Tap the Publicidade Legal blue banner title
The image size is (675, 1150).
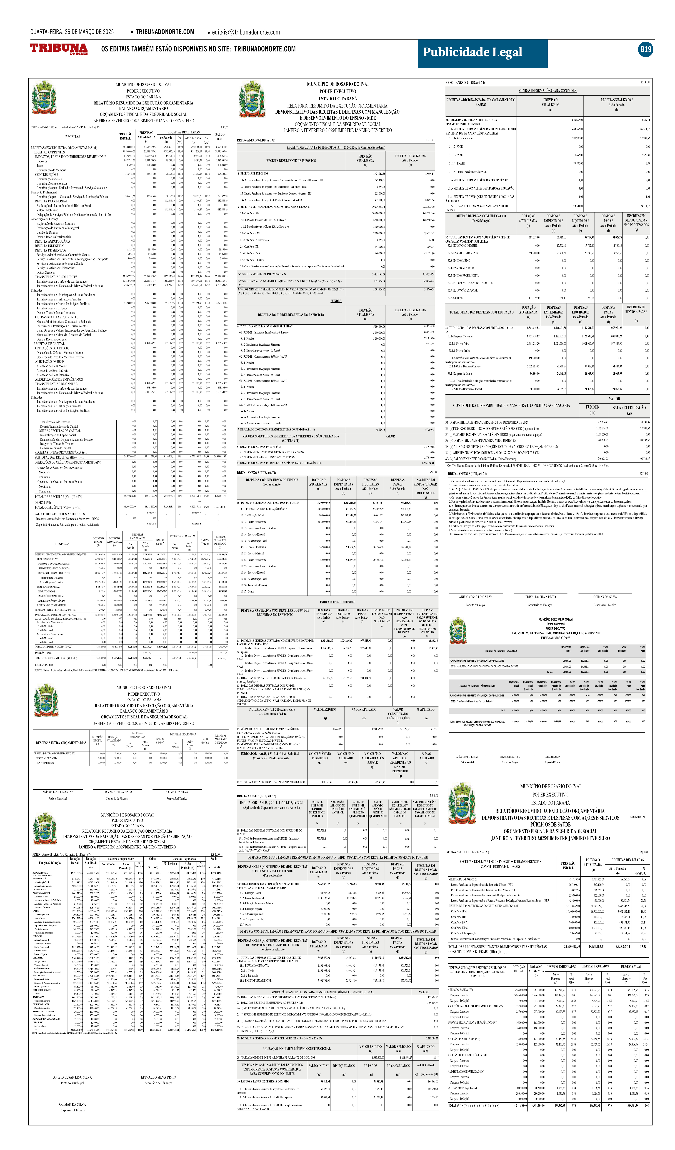tap(472, 53)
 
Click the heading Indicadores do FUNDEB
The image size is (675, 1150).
tap(337, 602)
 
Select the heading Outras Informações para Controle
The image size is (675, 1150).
tap(547, 91)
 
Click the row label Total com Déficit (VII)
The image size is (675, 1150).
tap(58, 507)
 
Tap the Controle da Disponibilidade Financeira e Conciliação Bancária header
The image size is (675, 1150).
tap(511, 405)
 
